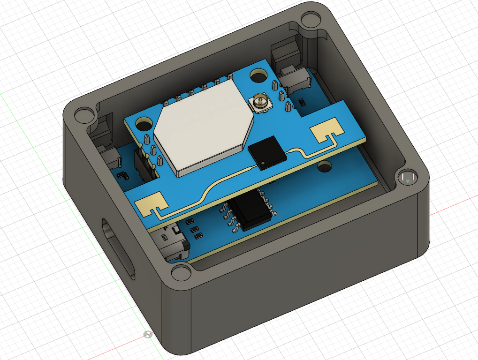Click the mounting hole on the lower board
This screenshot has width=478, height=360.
[324, 166]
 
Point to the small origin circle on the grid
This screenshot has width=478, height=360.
[148, 334]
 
